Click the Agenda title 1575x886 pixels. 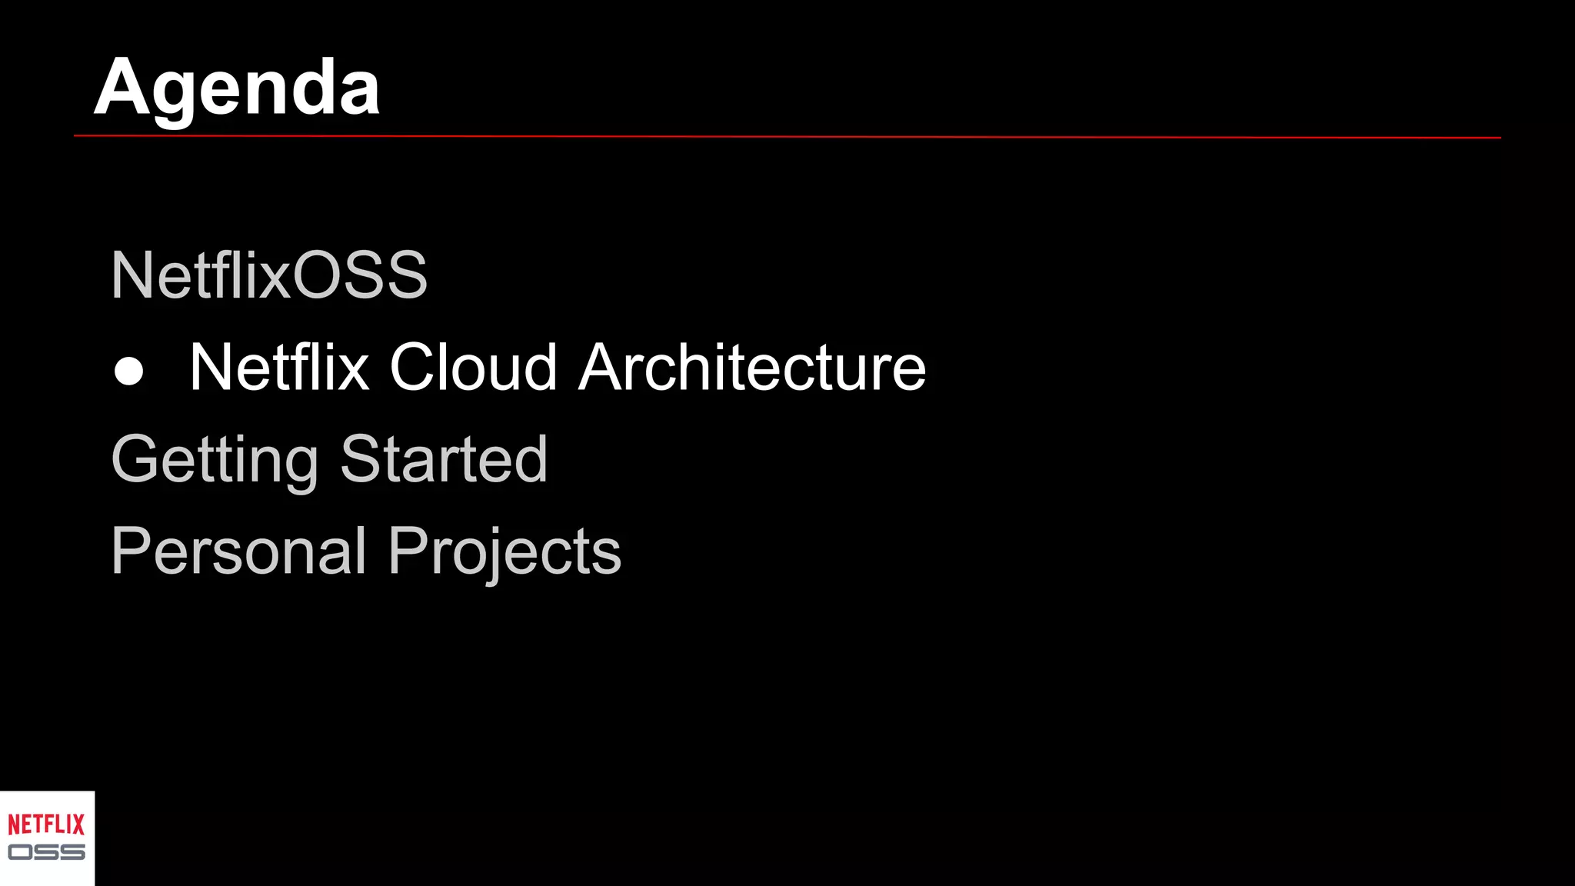pos(237,88)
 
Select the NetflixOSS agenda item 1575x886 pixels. pos(269,275)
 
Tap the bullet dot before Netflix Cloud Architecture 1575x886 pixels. pos(128,371)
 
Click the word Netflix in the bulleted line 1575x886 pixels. pos(279,368)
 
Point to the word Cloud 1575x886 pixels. pos(473,368)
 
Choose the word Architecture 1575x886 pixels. pos(752,368)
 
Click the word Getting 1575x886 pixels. pos(215,460)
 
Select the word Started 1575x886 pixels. pos(444,459)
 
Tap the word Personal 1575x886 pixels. pos(238,551)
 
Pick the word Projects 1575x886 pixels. pos(504,551)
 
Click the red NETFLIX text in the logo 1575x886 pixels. pos(46,825)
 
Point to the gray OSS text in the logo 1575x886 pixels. pos(46,852)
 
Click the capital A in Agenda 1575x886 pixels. pos(122,88)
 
